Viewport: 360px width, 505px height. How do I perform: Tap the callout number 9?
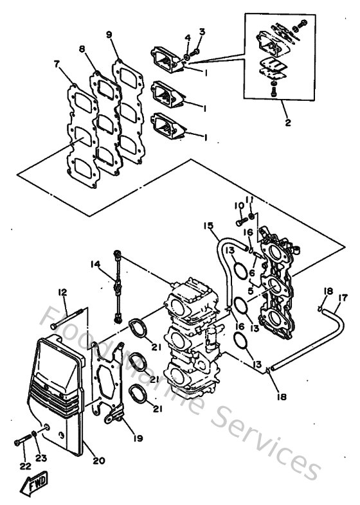tap(109, 34)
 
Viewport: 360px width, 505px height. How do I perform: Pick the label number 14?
tap(95, 263)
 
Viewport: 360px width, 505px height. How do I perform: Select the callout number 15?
tap(208, 226)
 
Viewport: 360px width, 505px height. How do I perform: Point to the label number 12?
tap(62, 292)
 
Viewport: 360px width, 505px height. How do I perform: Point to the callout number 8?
tap(82, 48)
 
